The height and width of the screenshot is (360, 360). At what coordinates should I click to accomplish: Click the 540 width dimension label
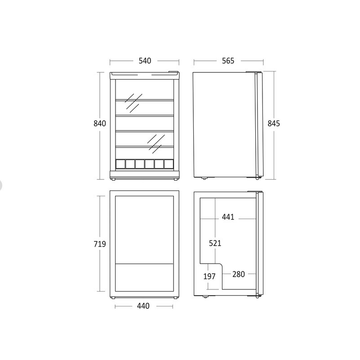pyautogui.click(x=145, y=61)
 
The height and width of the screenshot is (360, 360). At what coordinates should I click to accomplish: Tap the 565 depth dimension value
pyautogui.click(x=228, y=61)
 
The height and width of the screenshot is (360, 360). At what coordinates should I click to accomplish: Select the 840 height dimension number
pyautogui.click(x=100, y=123)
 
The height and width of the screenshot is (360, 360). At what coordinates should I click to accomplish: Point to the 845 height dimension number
pyautogui.click(x=274, y=123)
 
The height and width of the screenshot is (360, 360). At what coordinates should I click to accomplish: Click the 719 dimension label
pyautogui.click(x=100, y=244)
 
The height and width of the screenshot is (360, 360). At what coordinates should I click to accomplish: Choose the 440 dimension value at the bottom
pyautogui.click(x=143, y=306)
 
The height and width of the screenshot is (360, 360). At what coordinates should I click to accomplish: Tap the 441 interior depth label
pyautogui.click(x=228, y=217)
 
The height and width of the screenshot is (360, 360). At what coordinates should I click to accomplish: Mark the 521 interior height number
pyautogui.click(x=215, y=243)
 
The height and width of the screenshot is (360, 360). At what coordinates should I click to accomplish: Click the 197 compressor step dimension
pyautogui.click(x=209, y=276)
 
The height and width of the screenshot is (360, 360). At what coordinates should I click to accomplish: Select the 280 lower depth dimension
pyautogui.click(x=239, y=274)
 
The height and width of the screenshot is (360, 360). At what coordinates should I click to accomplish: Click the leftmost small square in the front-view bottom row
pyautogui.click(x=120, y=164)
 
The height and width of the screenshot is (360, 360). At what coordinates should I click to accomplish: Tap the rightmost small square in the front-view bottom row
pyautogui.click(x=169, y=164)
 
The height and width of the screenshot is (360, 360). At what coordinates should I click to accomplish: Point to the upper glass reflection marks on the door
pyautogui.click(x=133, y=103)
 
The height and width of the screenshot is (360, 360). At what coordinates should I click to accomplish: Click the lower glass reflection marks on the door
pyautogui.click(x=156, y=144)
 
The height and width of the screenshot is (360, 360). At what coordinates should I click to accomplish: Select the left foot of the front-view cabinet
pyautogui.click(x=113, y=179)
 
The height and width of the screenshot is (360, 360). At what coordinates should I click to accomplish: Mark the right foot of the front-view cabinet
pyautogui.click(x=176, y=179)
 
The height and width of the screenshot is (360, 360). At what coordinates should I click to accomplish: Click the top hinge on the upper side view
pyautogui.click(x=253, y=72)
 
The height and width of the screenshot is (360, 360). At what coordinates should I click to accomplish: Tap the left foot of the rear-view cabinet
pyautogui.click(x=113, y=297)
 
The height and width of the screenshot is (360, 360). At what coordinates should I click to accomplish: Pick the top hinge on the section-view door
pyautogui.click(x=255, y=191)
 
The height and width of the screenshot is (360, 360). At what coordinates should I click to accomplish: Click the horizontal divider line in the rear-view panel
pyautogui.click(x=144, y=264)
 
